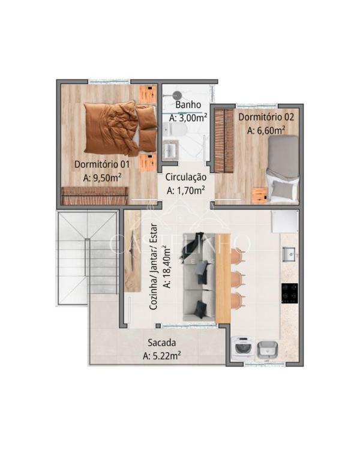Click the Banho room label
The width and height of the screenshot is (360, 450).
point(188,105)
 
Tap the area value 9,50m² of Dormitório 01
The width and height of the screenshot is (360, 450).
point(102,178)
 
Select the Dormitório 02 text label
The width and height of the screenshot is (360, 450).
point(266,117)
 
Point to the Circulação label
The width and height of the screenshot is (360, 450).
point(186,177)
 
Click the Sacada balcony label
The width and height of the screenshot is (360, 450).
point(161,343)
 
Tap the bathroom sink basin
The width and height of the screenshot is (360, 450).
point(170,149)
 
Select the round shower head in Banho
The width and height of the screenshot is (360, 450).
point(177,94)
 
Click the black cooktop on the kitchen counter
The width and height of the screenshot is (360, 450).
point(289,293)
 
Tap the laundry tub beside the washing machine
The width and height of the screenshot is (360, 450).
point(267,350)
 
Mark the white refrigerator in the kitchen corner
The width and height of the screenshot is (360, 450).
point(285,221)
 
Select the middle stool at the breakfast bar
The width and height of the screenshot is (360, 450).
point(238,278)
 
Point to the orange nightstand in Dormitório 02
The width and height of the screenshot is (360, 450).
point(260,195)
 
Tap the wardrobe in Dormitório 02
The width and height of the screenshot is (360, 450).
point(224,141)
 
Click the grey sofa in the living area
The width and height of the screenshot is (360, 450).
point(199,277)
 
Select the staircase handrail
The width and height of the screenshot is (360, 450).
point(87,257)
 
